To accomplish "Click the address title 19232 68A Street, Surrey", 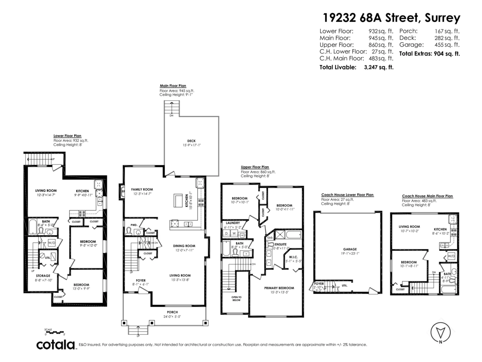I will point(392,18).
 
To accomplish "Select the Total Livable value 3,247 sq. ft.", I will point(378,68).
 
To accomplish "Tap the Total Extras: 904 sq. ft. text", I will point(429,53).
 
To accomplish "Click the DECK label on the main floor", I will point(191,141).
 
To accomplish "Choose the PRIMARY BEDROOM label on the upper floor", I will point(279,288).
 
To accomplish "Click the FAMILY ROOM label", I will point(142,189).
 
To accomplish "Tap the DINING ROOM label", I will point(184,246).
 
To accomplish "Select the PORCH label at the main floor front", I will point(172,312).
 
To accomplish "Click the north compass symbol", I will point(440,332).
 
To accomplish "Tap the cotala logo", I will point(56,345).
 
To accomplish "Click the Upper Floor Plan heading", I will point(255,167).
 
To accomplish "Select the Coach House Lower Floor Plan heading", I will point(347,195).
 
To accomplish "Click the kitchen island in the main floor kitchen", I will point(178,200).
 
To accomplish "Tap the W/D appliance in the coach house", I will point(451,255).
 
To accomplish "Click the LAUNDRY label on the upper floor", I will point(233,222).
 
